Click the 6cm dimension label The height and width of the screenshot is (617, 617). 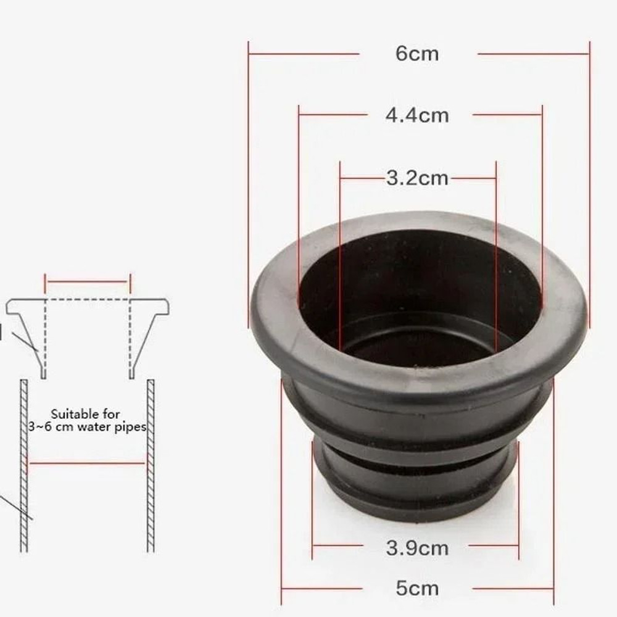click(x=417, y=54)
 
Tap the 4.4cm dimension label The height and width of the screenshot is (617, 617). click(x=417, y=115)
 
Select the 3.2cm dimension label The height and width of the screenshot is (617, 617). click(x=417, y=178)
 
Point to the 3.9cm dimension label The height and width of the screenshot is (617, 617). click(x=417, y=547)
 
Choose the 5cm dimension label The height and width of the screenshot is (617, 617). click(x=417, y=588)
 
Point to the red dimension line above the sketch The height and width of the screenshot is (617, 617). click(x=87, y=283)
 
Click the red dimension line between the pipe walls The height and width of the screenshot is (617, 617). click(x=87, y=463)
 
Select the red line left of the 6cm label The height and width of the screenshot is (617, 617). click(x=302, y=54)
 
